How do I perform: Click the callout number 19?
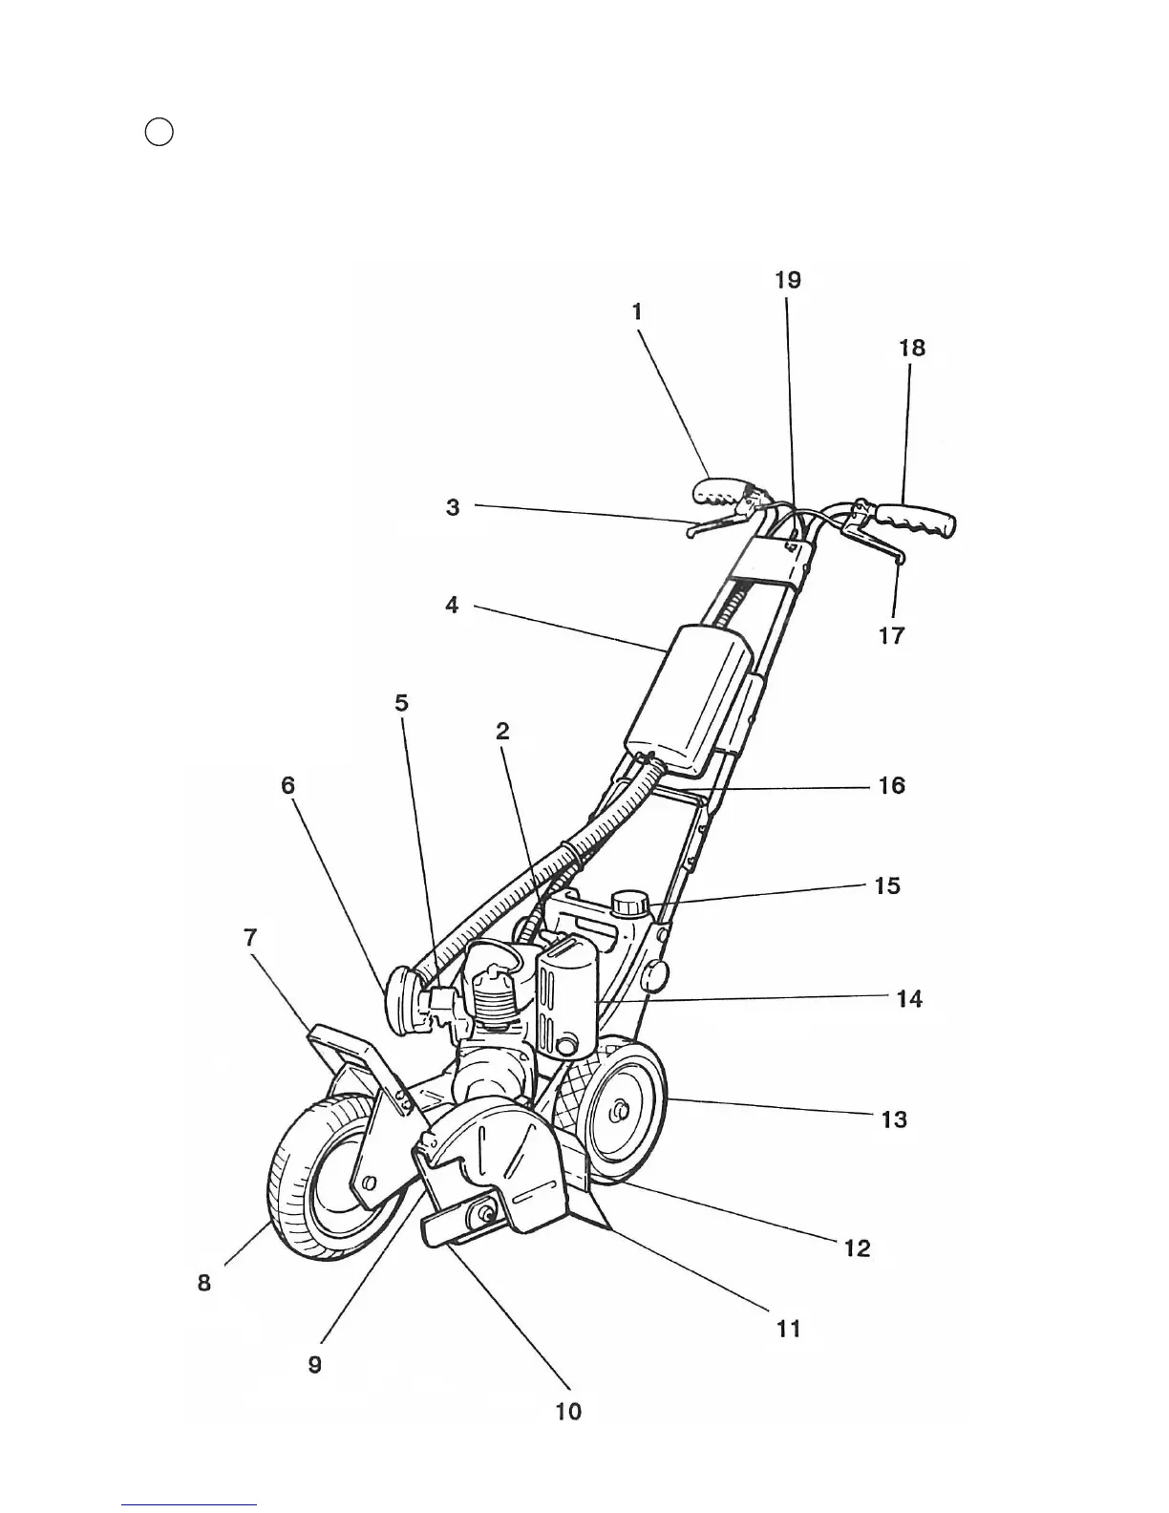tap(788, 280)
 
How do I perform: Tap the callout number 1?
tap(637, 311)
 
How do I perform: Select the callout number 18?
tap(912, 348)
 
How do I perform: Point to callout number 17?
tap(891, 635)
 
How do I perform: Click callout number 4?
tap(453, 605)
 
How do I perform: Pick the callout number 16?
tap(891, 786)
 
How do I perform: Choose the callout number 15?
tap(887, 886)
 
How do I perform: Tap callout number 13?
tap(894, 1119)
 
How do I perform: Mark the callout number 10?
tap(568, 1412)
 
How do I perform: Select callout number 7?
tap(250, 938)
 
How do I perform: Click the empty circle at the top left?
tap(159, 132)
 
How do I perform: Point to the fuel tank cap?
tap(630, 902)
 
